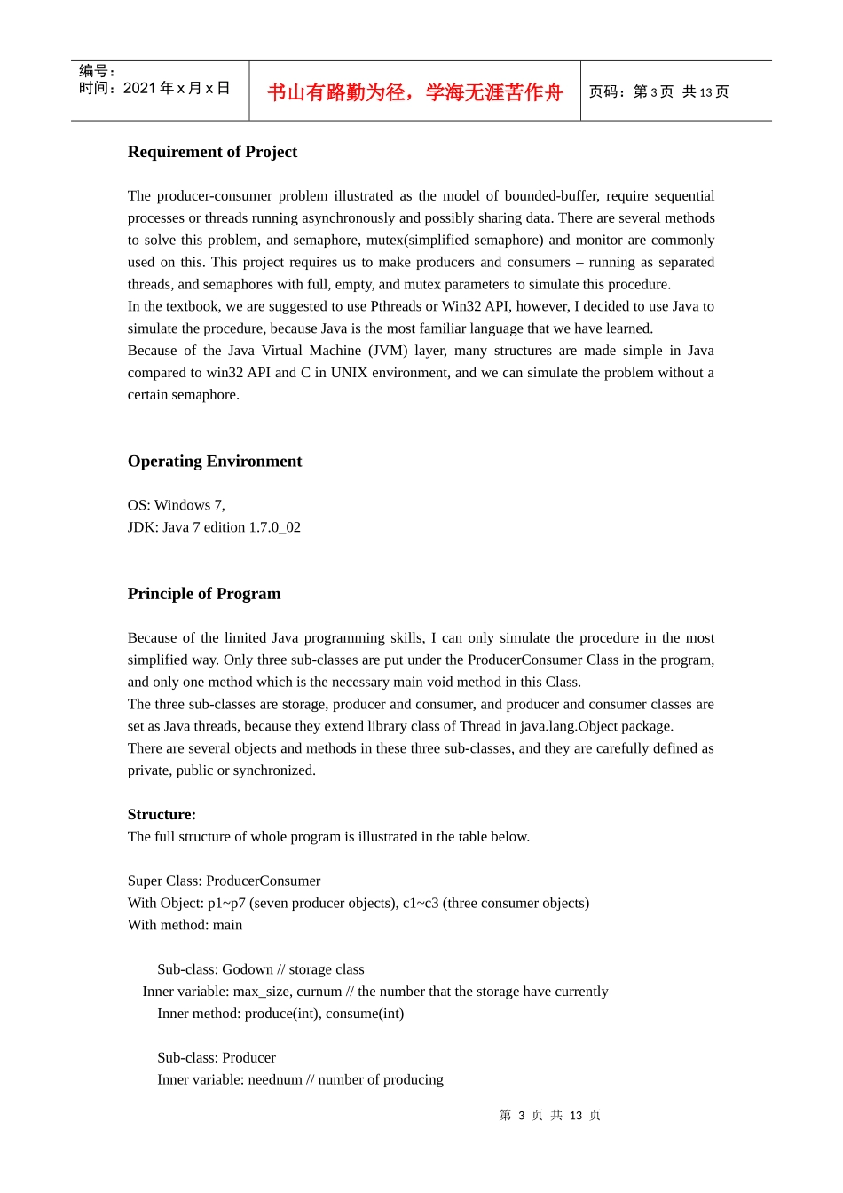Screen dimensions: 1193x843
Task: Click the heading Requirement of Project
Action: coord(212,152)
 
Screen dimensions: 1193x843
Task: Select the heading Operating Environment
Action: coord(215,462)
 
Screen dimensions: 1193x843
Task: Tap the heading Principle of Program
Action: coord(204,594)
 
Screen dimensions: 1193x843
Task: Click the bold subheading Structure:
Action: coord(162,815)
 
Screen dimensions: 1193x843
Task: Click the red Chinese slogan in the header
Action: coord(415,92)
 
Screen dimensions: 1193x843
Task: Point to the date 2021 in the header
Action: coord(139,88)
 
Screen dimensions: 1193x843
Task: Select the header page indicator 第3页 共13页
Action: coord(658,92)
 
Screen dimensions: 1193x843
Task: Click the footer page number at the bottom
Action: coord(550,1116)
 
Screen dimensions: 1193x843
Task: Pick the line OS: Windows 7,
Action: coord(177,505)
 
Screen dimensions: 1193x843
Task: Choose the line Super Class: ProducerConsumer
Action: coord(224,881)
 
